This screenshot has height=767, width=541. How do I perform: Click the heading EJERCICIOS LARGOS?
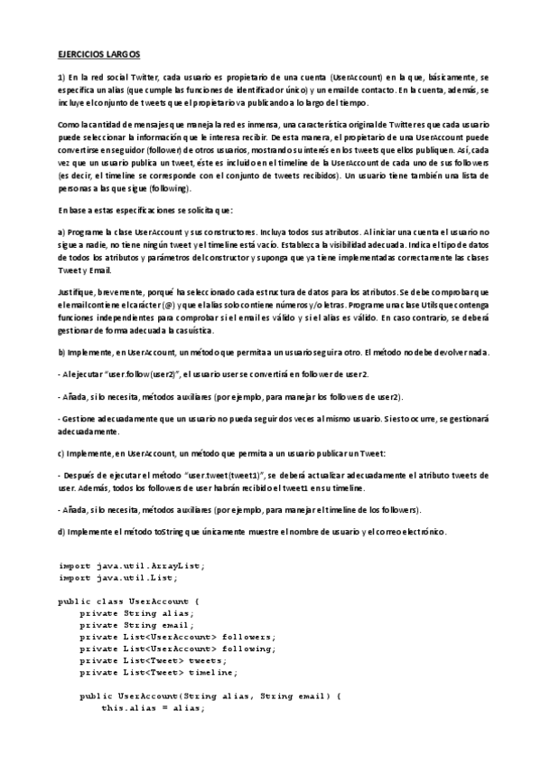95,54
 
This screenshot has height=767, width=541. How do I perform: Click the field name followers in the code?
247,636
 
